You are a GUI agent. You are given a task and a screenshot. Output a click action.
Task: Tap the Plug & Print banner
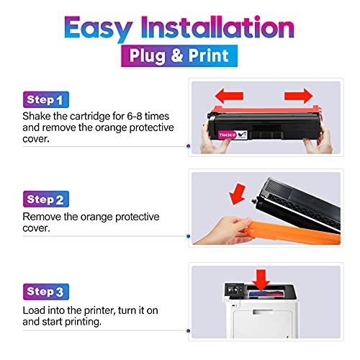click(x=179, y=55)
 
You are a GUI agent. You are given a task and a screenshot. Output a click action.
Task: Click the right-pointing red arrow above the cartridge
click(x=298, y=95)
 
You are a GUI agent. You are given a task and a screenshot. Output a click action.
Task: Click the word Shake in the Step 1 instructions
click(x=37, y=117)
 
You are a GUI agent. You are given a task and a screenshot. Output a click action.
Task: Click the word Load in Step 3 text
click(x=35, y=309)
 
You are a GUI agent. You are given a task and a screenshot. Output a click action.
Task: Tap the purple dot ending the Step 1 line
click(x=189, y=147)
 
